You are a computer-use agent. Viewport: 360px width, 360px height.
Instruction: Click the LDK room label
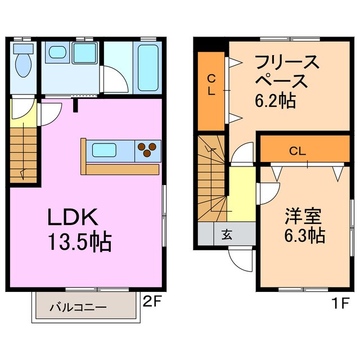click(73, 217)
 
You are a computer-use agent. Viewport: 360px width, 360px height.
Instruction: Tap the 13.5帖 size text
click(79, 242)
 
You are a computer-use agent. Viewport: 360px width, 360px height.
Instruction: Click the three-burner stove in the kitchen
click(148, 149)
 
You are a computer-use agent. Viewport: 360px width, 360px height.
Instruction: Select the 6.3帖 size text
click(303, 236)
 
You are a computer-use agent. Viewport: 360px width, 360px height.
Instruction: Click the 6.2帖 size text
click(276, 101)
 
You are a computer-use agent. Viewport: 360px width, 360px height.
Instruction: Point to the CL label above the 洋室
click(298, 151)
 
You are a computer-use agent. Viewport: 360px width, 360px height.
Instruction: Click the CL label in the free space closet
click(211, 85)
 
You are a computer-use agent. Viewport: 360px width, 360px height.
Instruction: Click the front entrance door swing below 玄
click(239, 259)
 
